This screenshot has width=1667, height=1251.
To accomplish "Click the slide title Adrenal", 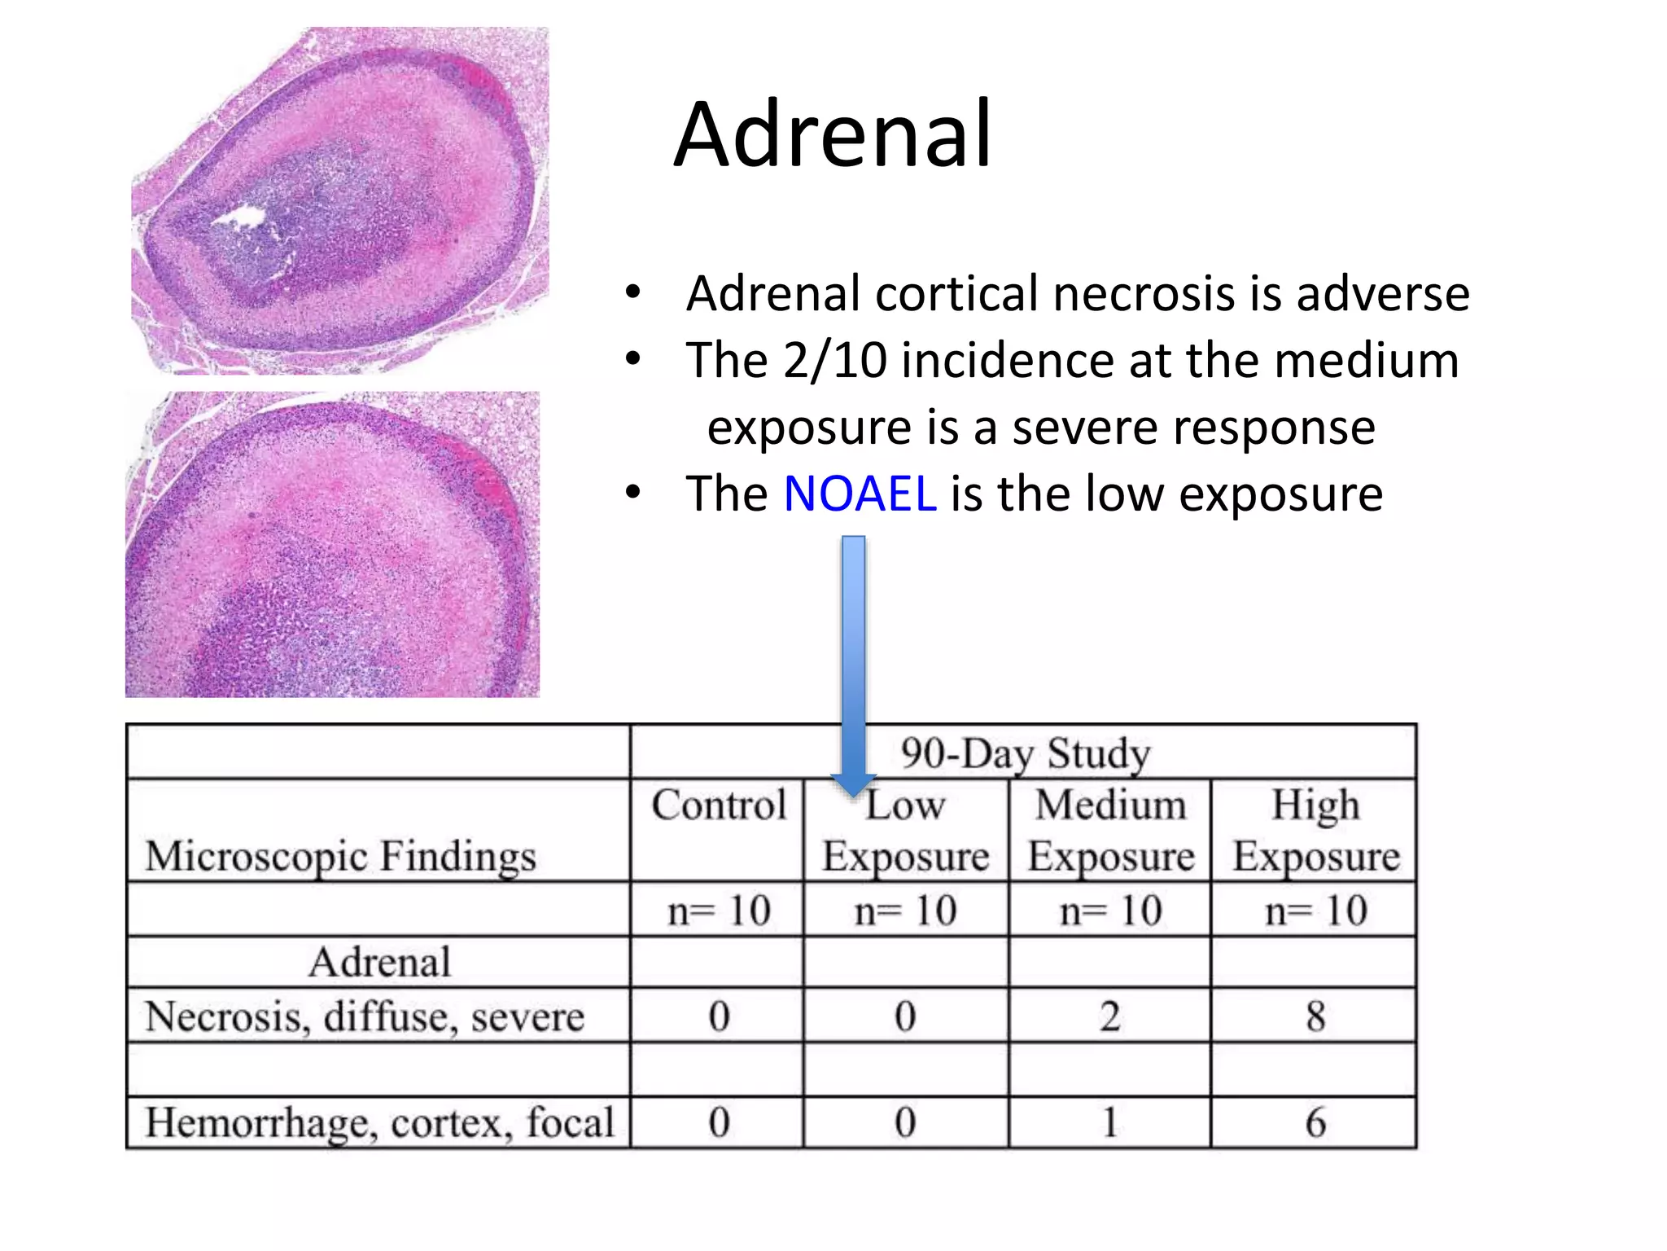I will [x=833, y=134].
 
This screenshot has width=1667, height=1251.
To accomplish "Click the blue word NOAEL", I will [x=860, y=494].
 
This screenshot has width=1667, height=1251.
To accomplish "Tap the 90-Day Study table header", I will [x=1025, y=753].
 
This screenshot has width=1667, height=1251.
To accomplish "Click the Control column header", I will [x=718, y=805].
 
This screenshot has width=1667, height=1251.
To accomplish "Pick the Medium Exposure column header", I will [x=1110, y=830].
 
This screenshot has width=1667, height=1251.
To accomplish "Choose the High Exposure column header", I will [x=1315, y=830].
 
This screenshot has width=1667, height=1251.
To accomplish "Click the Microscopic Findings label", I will [x=340, y=856].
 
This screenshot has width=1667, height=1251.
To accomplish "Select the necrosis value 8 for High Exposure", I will [x=1315, y=1016].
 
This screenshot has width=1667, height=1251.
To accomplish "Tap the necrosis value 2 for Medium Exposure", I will [x=1110, y=1016].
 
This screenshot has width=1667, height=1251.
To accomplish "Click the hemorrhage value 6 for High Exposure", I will [x=1315, y=1122].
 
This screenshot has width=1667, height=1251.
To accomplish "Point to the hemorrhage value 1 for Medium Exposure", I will [x=1110, y=1122].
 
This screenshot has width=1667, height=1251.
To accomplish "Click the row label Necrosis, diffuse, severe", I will [x=364, y=1016].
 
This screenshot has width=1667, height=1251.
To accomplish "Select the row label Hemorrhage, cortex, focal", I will [x=378, y=1122].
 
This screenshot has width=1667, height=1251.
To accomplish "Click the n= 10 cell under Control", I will [x=718, y=910].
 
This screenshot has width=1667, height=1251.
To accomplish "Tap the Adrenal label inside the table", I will [x=378, y=962].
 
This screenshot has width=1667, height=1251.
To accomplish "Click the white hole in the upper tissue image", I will [x=241, y=217].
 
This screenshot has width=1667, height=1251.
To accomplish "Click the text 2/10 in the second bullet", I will [x=834, y=360].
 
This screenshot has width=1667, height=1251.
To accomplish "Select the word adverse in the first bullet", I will [x=1382, y=293].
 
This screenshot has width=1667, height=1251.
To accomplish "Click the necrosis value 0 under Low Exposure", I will [x=905, y=1016].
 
